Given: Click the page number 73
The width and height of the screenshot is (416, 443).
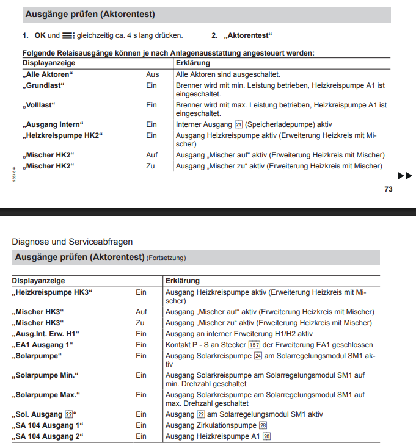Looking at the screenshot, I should point(389,189).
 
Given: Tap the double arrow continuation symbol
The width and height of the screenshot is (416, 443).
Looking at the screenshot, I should point(404,176).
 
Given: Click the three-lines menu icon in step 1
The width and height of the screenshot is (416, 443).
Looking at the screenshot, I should point(68,35).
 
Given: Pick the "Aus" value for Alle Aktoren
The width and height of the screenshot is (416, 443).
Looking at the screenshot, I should point(152,74).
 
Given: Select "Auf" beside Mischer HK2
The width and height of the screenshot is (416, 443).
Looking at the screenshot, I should point(151,155).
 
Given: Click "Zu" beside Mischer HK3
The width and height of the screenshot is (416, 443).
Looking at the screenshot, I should point(140,322).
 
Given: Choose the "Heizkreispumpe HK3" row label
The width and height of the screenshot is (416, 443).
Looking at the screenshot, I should point(52,293).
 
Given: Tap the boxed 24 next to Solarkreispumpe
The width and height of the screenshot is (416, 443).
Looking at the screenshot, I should point(258,355).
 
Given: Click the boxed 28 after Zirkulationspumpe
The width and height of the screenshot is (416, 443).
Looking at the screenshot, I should point(263,425).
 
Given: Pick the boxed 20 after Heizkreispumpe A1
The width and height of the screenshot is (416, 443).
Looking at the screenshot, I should point(266,436).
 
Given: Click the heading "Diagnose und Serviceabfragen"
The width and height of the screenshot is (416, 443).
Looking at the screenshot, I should point(72,242).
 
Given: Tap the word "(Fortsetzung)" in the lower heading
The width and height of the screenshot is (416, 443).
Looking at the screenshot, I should point(166,258).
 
